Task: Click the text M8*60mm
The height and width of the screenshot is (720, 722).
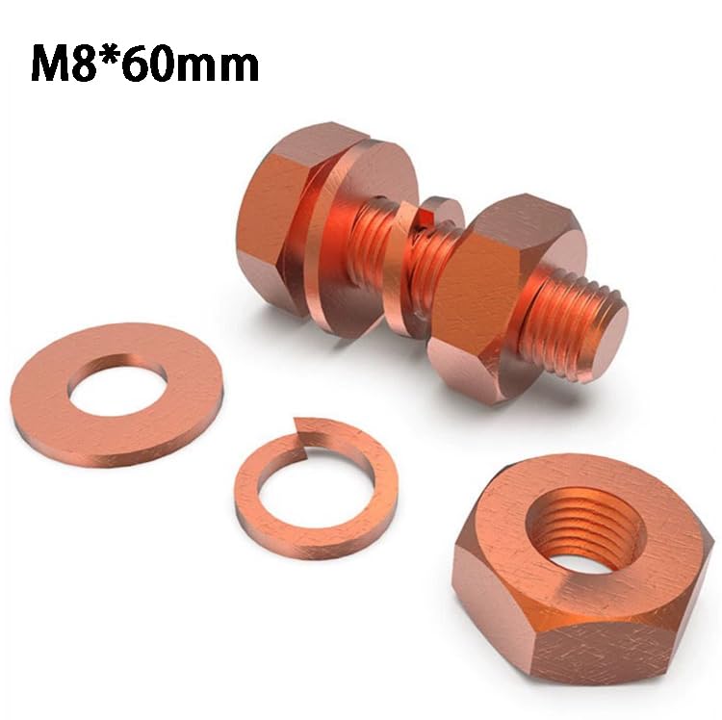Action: [x=144, y=64]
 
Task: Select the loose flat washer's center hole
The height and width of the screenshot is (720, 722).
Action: [x=118, y=384]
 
